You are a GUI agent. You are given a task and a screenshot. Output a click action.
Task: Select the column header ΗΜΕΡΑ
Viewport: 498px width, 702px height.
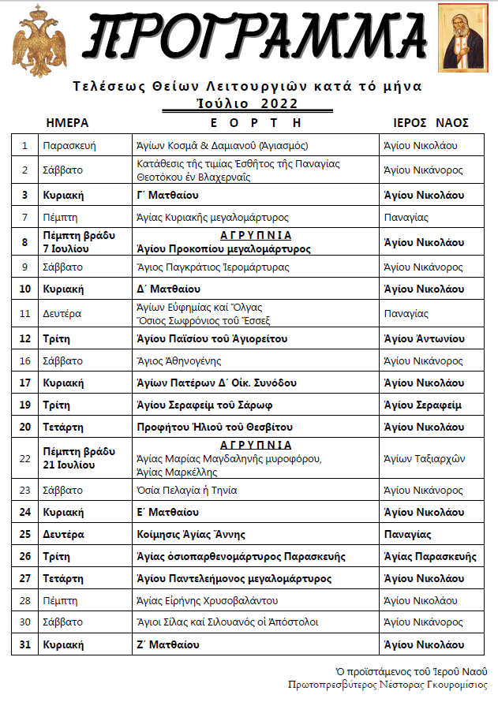(x=67, y=123)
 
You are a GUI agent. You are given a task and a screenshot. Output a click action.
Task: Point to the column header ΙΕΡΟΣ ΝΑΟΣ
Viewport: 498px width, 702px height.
(x=431, y=123)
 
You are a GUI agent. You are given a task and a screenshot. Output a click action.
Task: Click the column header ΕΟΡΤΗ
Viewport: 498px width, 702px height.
(x=256, y=123)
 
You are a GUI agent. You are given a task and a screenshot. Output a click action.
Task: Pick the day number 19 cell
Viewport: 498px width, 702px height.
(x=25, y=405)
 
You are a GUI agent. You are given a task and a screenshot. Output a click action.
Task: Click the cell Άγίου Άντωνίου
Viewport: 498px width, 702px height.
(x=422, y=339)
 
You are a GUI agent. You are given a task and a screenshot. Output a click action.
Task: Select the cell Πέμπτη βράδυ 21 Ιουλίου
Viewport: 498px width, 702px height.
(x=79, y=457)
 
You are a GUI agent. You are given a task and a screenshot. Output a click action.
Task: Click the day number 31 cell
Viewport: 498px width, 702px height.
(x=25, y=644)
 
